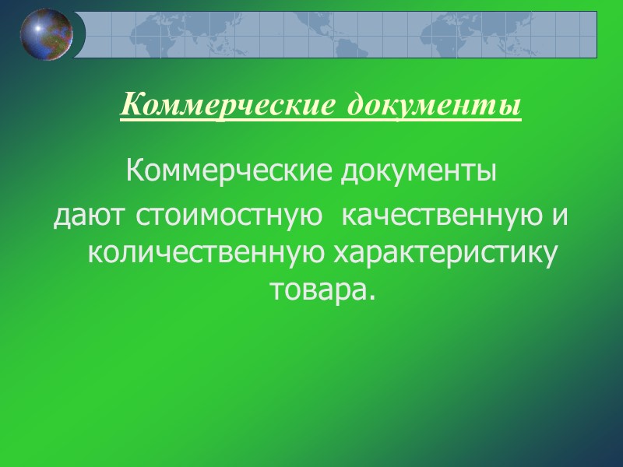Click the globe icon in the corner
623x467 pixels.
(47, 35)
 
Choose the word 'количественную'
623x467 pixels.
(206, 254)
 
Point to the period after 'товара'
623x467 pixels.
(361, 297)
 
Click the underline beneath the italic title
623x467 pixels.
(321, 118)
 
